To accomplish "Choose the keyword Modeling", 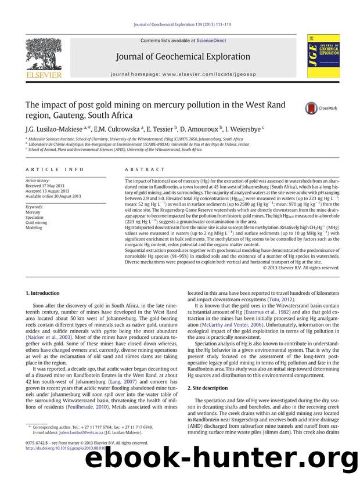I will (34, 228).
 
